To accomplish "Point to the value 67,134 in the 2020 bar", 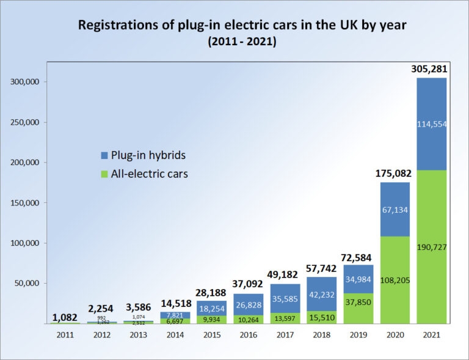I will (x=394, y=210).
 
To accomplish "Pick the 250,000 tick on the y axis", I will (x=26, y=122).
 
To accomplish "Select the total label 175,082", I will (x=394, y=174).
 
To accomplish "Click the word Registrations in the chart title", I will (x=114, y=26).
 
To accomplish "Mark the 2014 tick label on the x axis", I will (x=175, y=335).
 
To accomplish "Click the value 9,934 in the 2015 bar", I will (x=212, y=319).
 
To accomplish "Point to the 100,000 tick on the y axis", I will (x=26, y=243).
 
